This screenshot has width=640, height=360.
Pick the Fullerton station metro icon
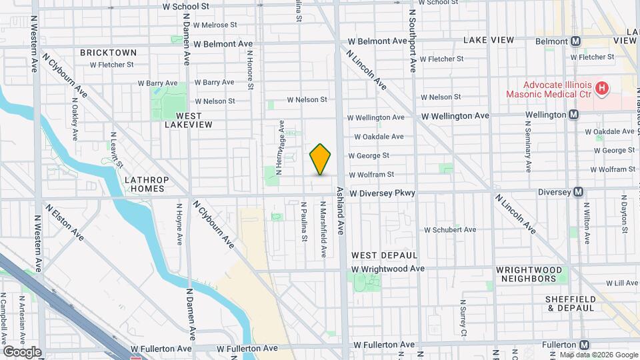pos(584,345)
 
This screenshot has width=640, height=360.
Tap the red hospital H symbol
pos(602,87)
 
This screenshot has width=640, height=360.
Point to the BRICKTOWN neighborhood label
pos(108,52)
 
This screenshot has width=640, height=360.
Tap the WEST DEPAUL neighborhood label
pos(384,255)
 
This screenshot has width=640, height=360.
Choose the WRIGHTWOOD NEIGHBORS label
pos(526,273)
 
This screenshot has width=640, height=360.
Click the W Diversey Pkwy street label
pos(382,193)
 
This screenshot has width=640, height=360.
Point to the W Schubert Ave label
pos(450,230)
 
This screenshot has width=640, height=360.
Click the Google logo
pos(23,351)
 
